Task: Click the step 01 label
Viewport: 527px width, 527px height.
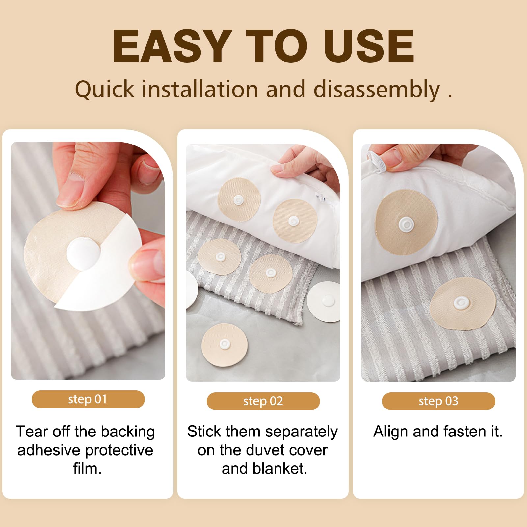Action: (x=88, y=399)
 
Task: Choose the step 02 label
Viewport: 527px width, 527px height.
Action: (x=263, y=401)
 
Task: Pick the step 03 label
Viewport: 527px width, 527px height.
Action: (x=438, y=401)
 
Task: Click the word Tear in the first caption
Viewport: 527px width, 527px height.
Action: (x=32, y=432)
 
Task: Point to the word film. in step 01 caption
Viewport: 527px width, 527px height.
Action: (x=87, y=469)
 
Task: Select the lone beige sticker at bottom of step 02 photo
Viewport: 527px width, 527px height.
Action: (x=224, y=345)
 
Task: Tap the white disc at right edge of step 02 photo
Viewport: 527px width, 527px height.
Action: (x=324, y=302)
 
